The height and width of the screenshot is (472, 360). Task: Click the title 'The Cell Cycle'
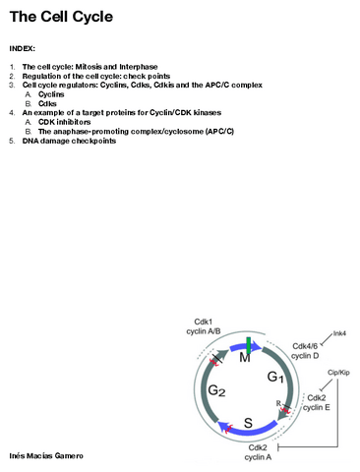(x=60, y=17)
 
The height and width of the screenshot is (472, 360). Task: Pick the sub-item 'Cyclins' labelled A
(x=53, y=94)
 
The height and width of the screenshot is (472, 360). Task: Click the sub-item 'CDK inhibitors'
(x=68, y=122)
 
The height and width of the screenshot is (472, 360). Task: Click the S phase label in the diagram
(x=249, y=424)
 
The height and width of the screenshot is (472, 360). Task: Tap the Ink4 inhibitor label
(x=339, y=334)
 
